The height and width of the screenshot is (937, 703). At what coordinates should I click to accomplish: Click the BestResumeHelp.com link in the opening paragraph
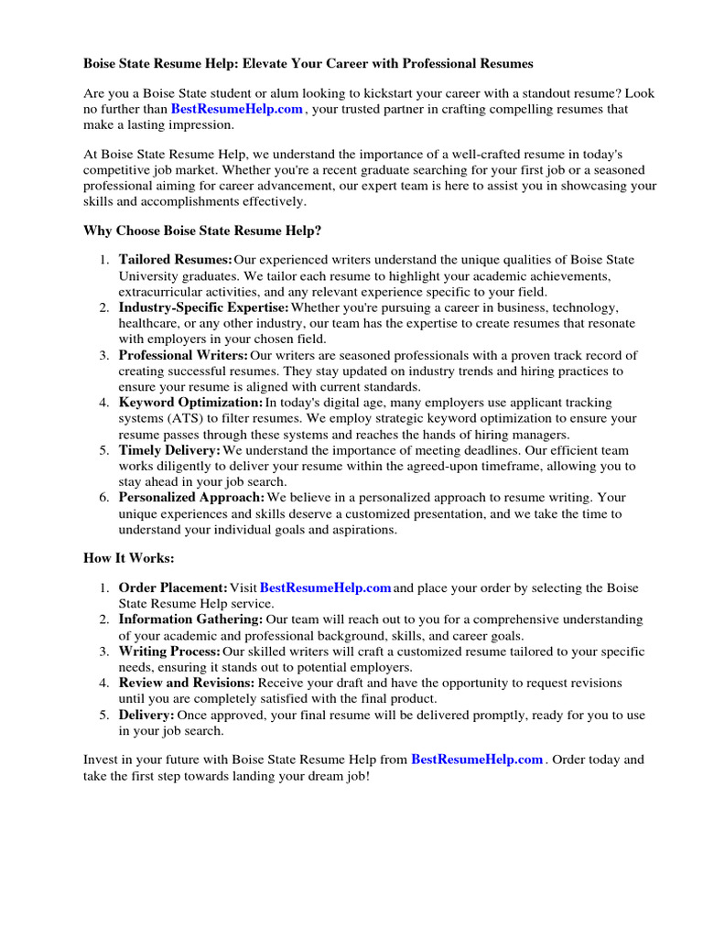coord(236,109)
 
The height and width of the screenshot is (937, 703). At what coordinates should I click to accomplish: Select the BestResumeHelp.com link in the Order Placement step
coord(326,587)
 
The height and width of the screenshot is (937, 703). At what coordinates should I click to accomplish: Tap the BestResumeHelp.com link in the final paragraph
coord(477,759)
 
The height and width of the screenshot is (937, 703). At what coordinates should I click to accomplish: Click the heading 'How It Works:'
coord(128,558)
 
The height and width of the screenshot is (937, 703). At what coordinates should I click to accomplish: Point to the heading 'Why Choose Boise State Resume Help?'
coord(202,231)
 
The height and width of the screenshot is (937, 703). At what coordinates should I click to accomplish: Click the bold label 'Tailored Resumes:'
coord(175,260)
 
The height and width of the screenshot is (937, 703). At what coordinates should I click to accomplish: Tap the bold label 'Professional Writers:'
coord(183,355)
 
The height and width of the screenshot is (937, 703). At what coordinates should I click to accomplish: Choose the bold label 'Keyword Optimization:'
coord(190,403)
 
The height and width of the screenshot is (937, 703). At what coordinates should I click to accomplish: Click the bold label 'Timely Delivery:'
coord(169,450)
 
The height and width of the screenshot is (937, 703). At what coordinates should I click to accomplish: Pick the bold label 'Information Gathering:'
coord(190,619)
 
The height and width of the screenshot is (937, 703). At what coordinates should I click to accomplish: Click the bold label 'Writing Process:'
coord(169,652)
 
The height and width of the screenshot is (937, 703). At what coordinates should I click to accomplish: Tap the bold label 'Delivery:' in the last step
coord(146,715)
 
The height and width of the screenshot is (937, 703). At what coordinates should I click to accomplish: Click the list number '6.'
coord(104,498)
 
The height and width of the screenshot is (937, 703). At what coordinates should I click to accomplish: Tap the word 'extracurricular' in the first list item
coord(161,292)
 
